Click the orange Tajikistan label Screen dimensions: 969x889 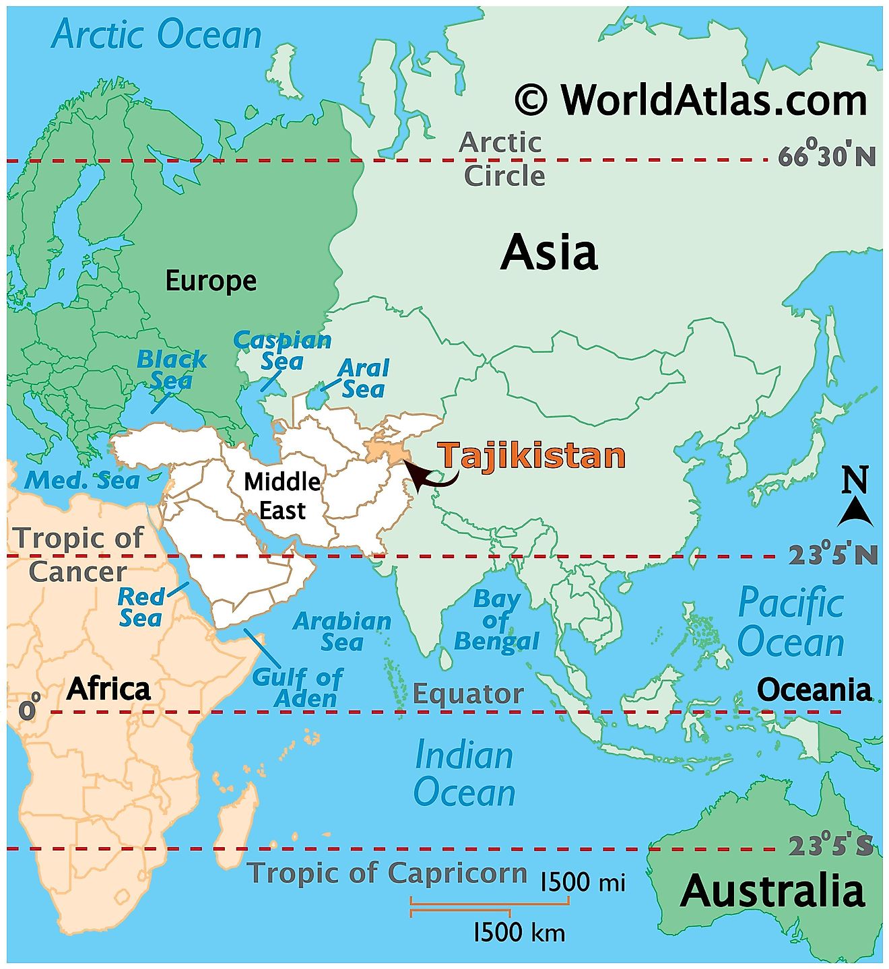532,456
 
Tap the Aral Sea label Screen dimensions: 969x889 364,378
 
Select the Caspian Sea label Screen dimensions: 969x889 283,351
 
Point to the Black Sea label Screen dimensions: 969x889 171,370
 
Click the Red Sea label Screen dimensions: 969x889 141,607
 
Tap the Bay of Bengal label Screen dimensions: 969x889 497,620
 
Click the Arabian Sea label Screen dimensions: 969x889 342,631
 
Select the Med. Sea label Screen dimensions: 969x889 82,480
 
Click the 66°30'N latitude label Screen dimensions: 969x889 828,156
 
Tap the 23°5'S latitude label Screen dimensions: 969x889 831,845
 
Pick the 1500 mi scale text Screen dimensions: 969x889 583,881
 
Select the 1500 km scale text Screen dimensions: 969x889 519,932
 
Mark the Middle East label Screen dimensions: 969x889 282,496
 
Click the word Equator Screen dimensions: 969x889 468,694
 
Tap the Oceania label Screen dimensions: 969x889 814,690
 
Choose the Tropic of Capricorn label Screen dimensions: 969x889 387,873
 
